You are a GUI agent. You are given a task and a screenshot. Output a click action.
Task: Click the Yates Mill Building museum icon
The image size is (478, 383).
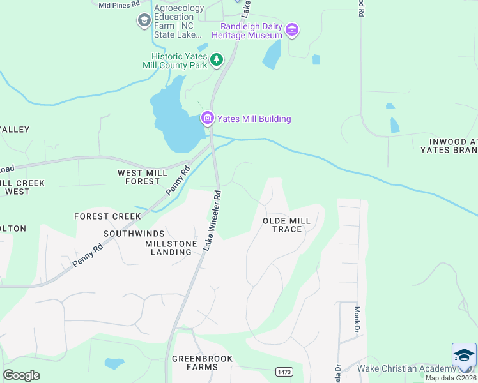coord(207,119)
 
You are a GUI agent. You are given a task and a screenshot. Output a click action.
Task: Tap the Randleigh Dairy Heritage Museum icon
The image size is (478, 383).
coord(293,29)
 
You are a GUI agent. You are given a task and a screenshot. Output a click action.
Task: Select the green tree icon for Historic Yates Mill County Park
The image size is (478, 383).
coord(217,60)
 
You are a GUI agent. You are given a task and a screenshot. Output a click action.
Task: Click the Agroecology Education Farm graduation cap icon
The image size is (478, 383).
coord(144,21)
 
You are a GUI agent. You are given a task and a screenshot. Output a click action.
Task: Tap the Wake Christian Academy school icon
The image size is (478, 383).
coord(464,355)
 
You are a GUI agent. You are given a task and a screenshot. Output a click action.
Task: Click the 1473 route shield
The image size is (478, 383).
coord(284,372)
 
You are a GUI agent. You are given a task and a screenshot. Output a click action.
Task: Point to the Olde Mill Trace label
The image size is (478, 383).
coord(287,225)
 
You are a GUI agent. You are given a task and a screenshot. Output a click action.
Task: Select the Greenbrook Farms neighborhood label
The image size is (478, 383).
coord(202,363)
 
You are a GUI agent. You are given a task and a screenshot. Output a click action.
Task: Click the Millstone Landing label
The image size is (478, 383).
coord(169,248)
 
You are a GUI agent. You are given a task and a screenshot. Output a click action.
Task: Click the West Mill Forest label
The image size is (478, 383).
coord(139,177)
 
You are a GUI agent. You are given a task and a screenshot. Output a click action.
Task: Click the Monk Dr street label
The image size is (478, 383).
coord(358,319)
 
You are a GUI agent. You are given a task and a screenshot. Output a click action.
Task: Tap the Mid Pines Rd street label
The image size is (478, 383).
coord(119,4)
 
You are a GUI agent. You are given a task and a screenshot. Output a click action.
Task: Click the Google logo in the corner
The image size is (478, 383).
coord(21,375)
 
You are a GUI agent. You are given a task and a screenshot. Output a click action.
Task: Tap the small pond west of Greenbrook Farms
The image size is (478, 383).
coord(114,363)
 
